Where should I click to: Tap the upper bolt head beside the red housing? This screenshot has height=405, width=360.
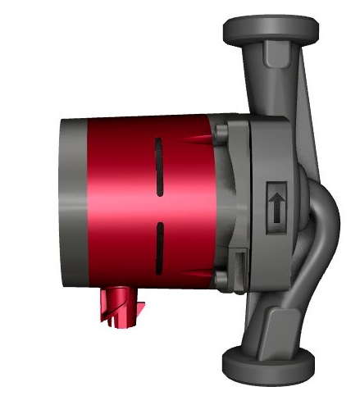(220, 131)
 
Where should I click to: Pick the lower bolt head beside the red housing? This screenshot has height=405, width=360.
(222, 280)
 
